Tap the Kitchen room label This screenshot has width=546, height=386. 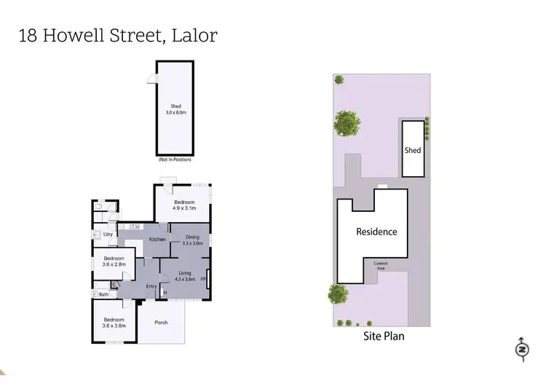[x=158, y=240]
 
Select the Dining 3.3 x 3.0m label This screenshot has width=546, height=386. [x=192, y=240]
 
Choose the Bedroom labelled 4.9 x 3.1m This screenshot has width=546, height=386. [x=184, y=205]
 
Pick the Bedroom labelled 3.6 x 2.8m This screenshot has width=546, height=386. [x=114, y=261]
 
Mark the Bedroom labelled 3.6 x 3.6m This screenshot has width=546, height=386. [x=114, y=323]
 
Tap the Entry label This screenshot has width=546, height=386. [x=151, y=286]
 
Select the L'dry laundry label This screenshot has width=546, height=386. [x=107, y=234]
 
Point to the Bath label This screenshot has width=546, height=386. [x=104, y=294]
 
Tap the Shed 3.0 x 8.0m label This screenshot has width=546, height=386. [x=174, y=111]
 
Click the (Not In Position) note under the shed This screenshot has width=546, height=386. [x=174, y=159]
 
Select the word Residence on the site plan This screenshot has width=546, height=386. [x=376, y=232]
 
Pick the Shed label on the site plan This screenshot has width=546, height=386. [x=413, y=151]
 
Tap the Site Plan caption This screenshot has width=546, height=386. [x=384, y=336]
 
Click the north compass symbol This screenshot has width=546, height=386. [x=521, y=350]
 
